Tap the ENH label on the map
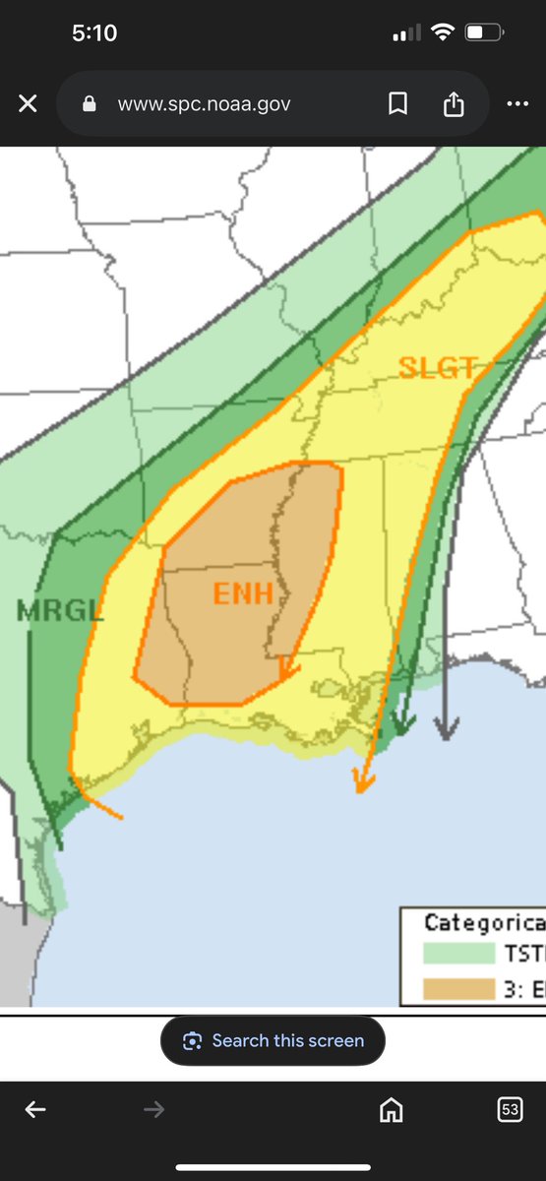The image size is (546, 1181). [241, 594]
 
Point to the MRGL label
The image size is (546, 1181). [59, 610]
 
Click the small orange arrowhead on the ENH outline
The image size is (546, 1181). [287, 670]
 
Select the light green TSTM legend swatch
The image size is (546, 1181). [458, 953]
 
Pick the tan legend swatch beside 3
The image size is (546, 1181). [458, 989]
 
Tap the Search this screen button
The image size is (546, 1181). [273, 1040]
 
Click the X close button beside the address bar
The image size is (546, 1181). [28, 103]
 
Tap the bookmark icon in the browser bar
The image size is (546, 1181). [397, 103]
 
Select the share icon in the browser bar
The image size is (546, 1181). [453, 103]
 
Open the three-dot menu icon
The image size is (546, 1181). [517, 103]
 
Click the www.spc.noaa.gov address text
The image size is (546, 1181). [204, 103]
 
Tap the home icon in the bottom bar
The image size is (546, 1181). [391, 1110]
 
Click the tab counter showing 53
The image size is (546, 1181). [510, 1110]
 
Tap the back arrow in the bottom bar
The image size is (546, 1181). [35, 1110]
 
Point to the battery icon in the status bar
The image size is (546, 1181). [483, 32]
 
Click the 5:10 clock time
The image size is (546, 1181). [94, 32]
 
